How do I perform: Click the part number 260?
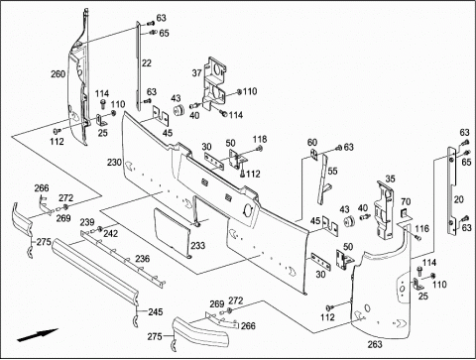coord(58,73)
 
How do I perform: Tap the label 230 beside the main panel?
coord(114,163)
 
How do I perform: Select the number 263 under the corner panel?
coord(375,344)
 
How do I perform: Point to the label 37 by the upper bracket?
coord(196,73)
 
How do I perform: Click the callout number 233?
coord(197,246)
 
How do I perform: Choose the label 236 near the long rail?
coord(142,259)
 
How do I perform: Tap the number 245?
coord(156,311)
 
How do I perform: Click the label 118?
coord(260,139)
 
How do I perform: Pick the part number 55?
coord(332,172)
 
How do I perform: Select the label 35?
coord(390,179)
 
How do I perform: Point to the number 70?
coord(406,201)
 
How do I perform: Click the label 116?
coord(422,228)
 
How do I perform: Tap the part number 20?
coord(459,199)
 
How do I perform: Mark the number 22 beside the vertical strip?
coord(147,62)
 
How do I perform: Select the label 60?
coord(312,143)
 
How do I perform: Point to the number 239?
coord(87,222)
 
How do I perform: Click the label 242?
coord(110,233)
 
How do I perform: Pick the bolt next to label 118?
coord(260,149)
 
